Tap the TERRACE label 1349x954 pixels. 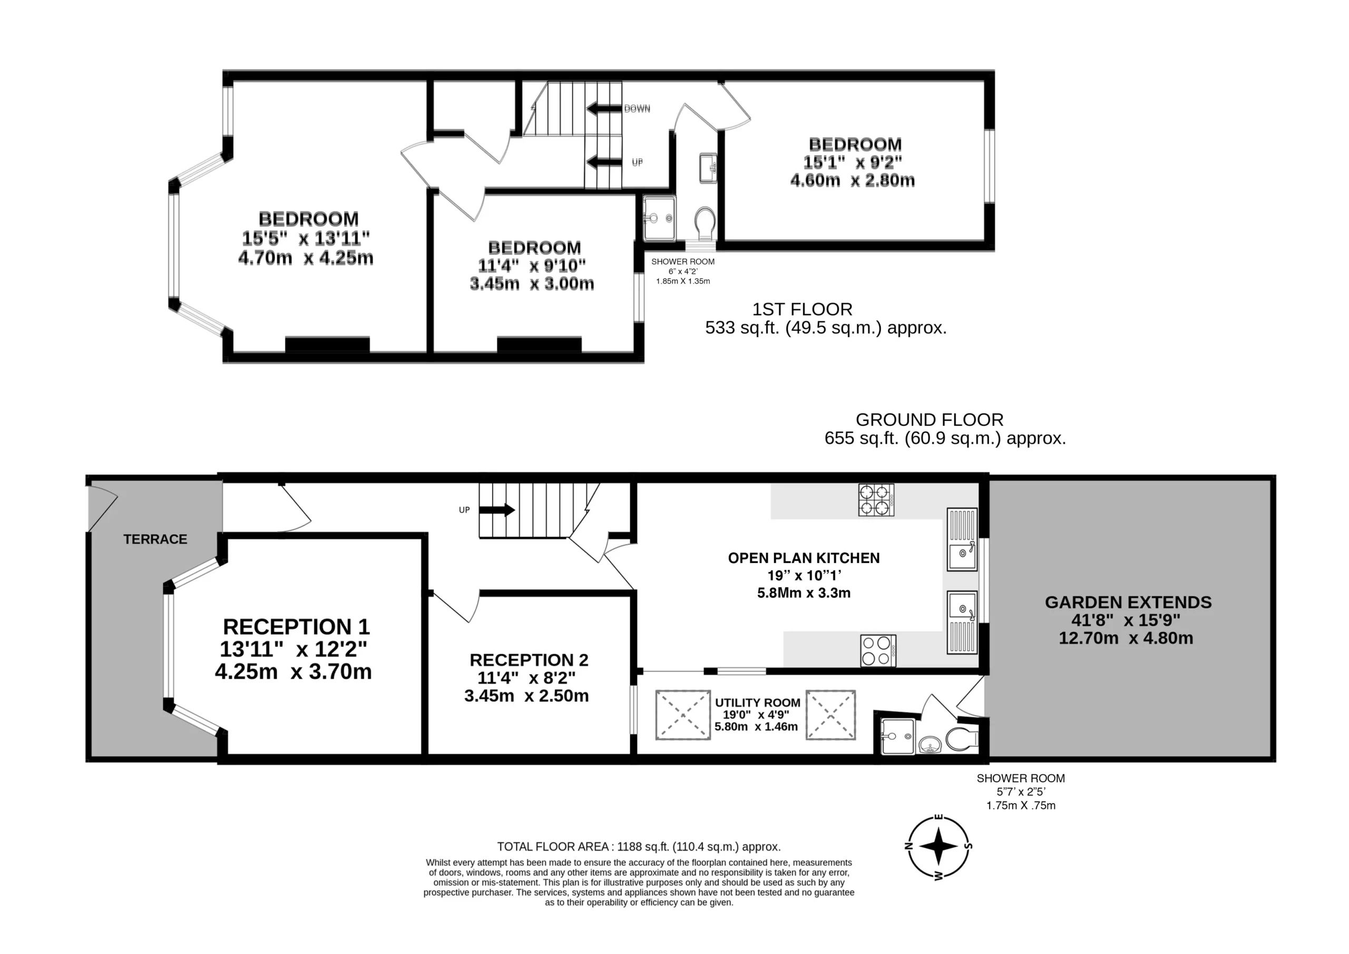click(x=155, y=539)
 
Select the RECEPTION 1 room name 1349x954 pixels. click(x=296, y=627)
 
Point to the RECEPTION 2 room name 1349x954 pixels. click(x=529, y=660)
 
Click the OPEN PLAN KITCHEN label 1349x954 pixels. click(x=804, y=558)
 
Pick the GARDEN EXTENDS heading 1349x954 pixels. click(x=1128, y=602)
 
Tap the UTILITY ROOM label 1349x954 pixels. click(x=757, y=703)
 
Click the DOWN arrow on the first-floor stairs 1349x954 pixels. click(x=604, y=109)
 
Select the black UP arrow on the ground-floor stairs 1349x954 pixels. click(x=497, y=510)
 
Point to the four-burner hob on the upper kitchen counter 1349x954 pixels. click(x=876, y=500)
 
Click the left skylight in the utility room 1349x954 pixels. click(x=683, y=715)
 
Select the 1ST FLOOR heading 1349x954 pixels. click(x=802, y=309)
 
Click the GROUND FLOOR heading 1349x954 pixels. click(x=930, y=420)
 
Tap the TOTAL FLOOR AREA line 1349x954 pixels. click(x=639, y=847)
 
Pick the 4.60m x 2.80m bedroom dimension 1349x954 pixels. click(x=853, y=180)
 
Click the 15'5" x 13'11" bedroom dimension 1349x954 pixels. click(x=306, y=238)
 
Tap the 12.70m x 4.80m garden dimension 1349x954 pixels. click(x=1126, y=638)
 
